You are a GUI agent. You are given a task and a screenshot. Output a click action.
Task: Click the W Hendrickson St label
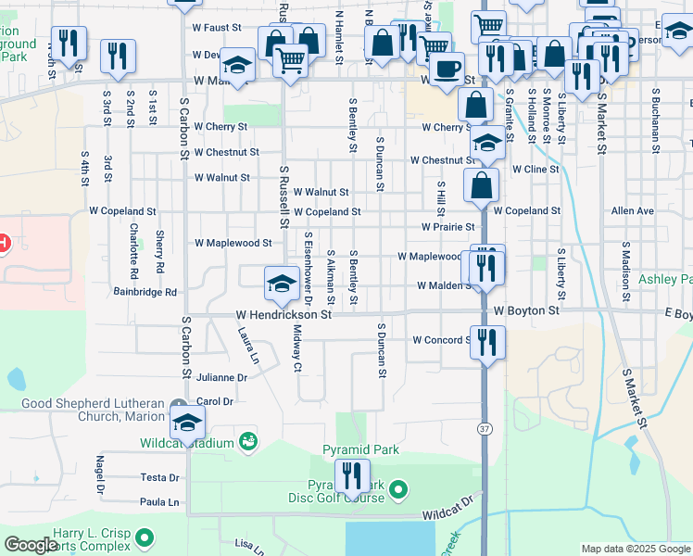(x=283, y=315)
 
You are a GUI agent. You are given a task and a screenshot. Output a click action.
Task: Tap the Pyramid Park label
(x=360, y=450)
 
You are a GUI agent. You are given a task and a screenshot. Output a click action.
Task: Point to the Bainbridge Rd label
(x=145, y=292)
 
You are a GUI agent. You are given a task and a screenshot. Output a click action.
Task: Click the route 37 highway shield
(x=485, y=428)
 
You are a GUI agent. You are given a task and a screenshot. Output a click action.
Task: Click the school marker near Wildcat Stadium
(x=188, y=423)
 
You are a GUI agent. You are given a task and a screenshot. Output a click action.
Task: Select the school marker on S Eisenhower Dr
(x=280, y=284)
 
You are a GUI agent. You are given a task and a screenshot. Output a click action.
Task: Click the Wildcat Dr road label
(x=447, y=506)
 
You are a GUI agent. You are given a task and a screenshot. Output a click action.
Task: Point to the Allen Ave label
(x=633, y=211)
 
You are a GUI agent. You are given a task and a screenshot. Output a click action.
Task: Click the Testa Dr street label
(x=159, y=478)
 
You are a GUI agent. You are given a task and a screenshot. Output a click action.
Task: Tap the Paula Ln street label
(x=159, y=502)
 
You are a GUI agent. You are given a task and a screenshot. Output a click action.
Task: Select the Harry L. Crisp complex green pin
(x=144, y=537)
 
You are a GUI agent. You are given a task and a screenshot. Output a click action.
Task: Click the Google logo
(x=31, y=546)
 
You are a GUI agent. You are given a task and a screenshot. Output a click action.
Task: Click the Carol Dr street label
(x=214, y=401)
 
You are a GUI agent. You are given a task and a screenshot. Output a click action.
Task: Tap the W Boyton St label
(x=527, y=310)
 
